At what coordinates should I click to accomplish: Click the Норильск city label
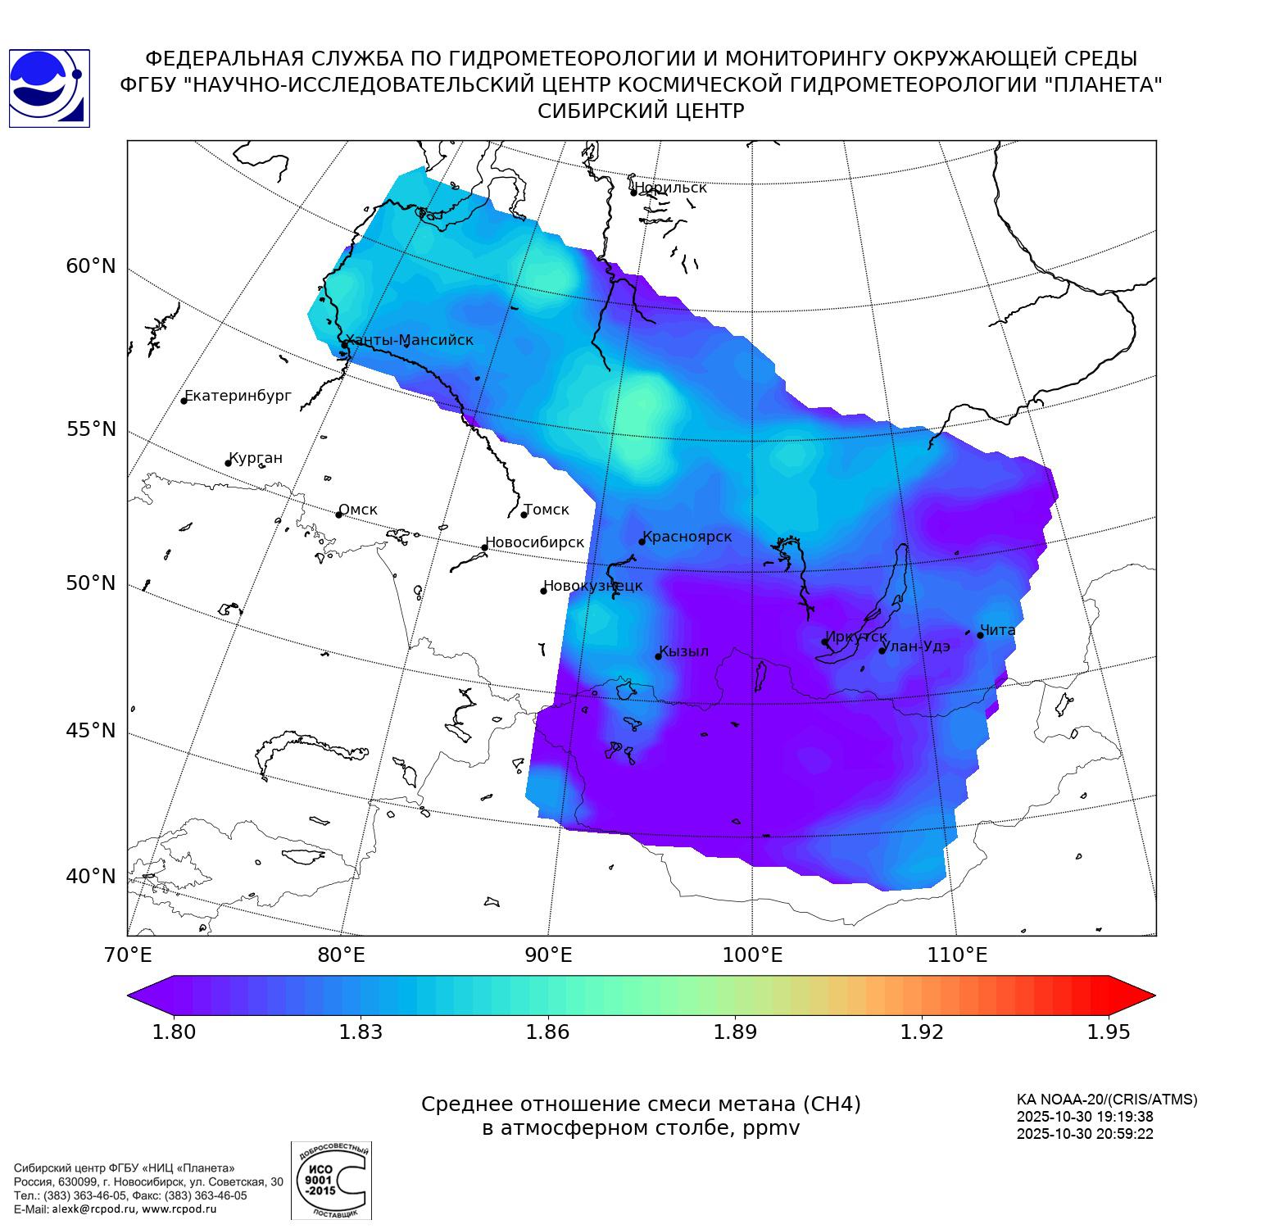point(670,188)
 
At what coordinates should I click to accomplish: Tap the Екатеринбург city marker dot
point(184,401)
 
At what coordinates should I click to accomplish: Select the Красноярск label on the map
point(687,537)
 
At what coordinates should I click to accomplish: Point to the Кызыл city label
point(684,652)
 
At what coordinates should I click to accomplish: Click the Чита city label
point(998,630)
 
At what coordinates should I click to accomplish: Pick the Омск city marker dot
point(338,515)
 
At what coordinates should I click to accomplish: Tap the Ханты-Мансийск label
point(409,340)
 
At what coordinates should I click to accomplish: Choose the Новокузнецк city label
point(593,586)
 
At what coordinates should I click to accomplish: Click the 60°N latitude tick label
point(91,266)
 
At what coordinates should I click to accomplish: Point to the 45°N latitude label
point(91,730)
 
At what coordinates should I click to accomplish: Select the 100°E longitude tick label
point(752,955)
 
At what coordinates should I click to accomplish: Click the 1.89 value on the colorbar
point(735,1032)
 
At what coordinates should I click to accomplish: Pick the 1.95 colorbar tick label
point(1109,1032)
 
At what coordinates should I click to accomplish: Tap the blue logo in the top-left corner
point(49,88)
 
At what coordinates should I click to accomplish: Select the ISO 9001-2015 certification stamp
point(331,1181)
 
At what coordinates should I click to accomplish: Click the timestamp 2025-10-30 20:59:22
point(1085,1134)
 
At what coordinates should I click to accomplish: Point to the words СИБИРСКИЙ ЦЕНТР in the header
point(641,111)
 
